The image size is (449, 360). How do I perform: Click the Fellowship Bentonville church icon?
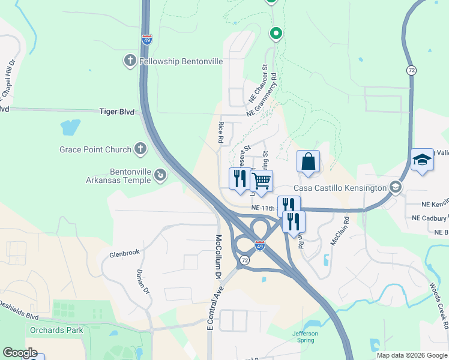130,61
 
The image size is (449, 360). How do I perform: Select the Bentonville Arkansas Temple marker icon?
160,175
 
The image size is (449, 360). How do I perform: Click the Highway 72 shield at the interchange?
244,260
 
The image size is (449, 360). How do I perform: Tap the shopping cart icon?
261,181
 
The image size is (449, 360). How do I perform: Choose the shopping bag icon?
308,161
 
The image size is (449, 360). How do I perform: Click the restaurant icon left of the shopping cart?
240,178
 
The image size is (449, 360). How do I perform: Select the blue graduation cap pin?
422,159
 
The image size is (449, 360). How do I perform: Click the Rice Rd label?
221,131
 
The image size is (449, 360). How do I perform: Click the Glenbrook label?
124,254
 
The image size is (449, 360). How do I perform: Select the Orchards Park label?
56,330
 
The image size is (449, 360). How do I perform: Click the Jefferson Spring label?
305,337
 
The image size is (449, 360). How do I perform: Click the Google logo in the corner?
20,353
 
